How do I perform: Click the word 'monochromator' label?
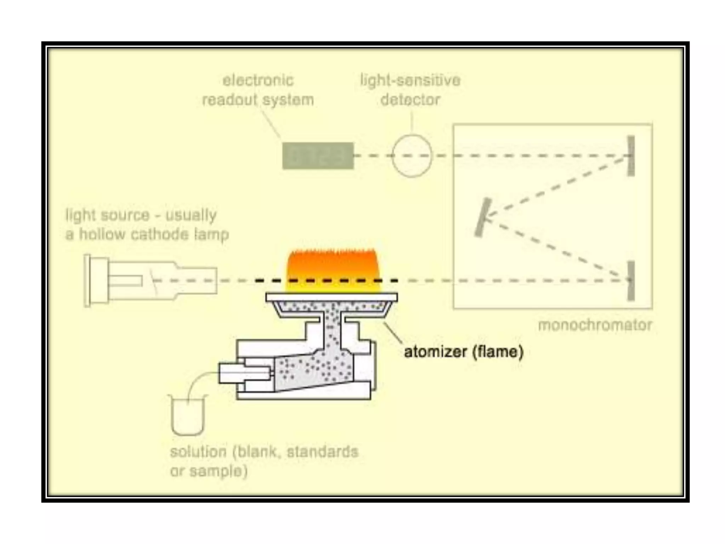pyautogui.click(x=595, y=325)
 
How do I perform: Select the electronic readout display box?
pyautogui.click(x=318, y=156)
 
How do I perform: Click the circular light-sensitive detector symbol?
pyautogui.click(x=412, y=156)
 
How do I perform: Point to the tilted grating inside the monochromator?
pyautogui.click(x=483, y=217)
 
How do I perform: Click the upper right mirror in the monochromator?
pyautogui.click(x=631, y=156)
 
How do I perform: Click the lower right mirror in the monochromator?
pyautogui.click(x=631, y=281)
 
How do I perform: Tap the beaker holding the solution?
pyautogui.click(x=188, y=416)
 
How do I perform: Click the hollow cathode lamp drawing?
pyautogui.click(x=150, y=281)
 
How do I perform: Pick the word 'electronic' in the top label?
pyautogui.click(x=258, y=80)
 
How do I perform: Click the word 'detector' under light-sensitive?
pyautogui.click(x=410, y=100)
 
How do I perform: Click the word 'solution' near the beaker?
pyautogui.click(x=198, y=452)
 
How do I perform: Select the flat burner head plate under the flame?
pyautogui.click(x=332, y=297)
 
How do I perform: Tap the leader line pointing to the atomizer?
pyautogui.click(x=393, y=333)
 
